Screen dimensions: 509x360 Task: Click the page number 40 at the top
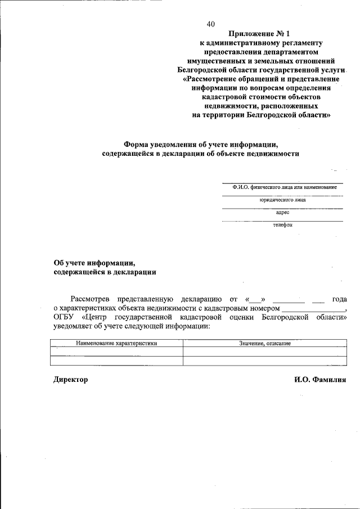coord(210,24)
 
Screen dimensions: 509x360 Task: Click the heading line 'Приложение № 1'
coord(262,33)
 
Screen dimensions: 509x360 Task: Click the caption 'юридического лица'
coord(282,200)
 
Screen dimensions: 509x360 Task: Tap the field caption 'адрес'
coord(282,213)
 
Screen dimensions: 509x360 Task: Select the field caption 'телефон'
coord(282,225)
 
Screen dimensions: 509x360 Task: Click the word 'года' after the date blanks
coord(339,299)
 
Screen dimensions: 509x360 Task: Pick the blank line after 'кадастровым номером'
coord(313,308)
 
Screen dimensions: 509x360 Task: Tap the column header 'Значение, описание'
coord(264,343)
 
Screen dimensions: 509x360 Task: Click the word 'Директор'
coord(71,380)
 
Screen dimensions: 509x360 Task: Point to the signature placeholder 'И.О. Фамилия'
coord(319,380)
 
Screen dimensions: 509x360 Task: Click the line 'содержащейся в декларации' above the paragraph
coord(105,272)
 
